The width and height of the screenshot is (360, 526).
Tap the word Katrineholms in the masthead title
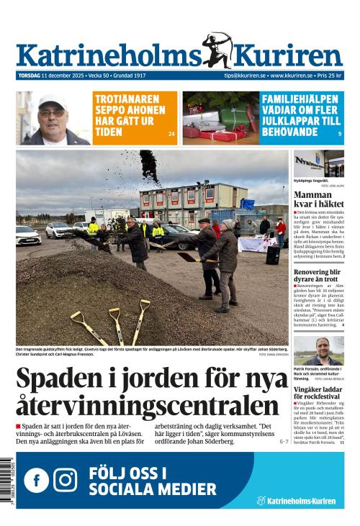click(108, 56)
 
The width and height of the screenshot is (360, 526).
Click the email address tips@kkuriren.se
click(244, 76)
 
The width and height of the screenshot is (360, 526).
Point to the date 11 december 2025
click(63, 76)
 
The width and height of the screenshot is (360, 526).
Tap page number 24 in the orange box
click(171, 134)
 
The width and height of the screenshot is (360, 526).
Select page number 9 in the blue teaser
click(340, 134)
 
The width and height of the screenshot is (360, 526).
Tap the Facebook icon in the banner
click(36, 480)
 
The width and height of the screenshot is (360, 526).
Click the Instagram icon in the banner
click(66, 480)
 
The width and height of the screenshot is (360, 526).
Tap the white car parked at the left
click(28, 235)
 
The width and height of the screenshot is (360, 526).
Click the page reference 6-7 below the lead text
click(284, 441)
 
